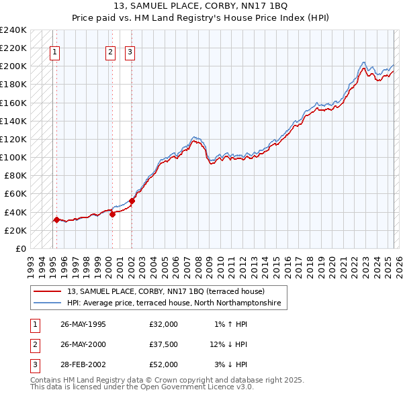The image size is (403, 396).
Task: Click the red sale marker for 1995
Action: coord(56,219)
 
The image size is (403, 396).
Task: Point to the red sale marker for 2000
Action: coord(112,214)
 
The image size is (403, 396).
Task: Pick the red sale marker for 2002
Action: coord(132,201)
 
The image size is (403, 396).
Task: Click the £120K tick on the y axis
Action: coord(13,139)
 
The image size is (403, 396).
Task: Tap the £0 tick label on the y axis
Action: coord(21,248)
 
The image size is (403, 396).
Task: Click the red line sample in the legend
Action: coord(48,291)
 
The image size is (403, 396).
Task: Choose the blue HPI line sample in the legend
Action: coord(48,303)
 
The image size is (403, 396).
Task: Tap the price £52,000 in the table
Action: coord(164,364)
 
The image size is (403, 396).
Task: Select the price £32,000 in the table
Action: coord(164,324)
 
